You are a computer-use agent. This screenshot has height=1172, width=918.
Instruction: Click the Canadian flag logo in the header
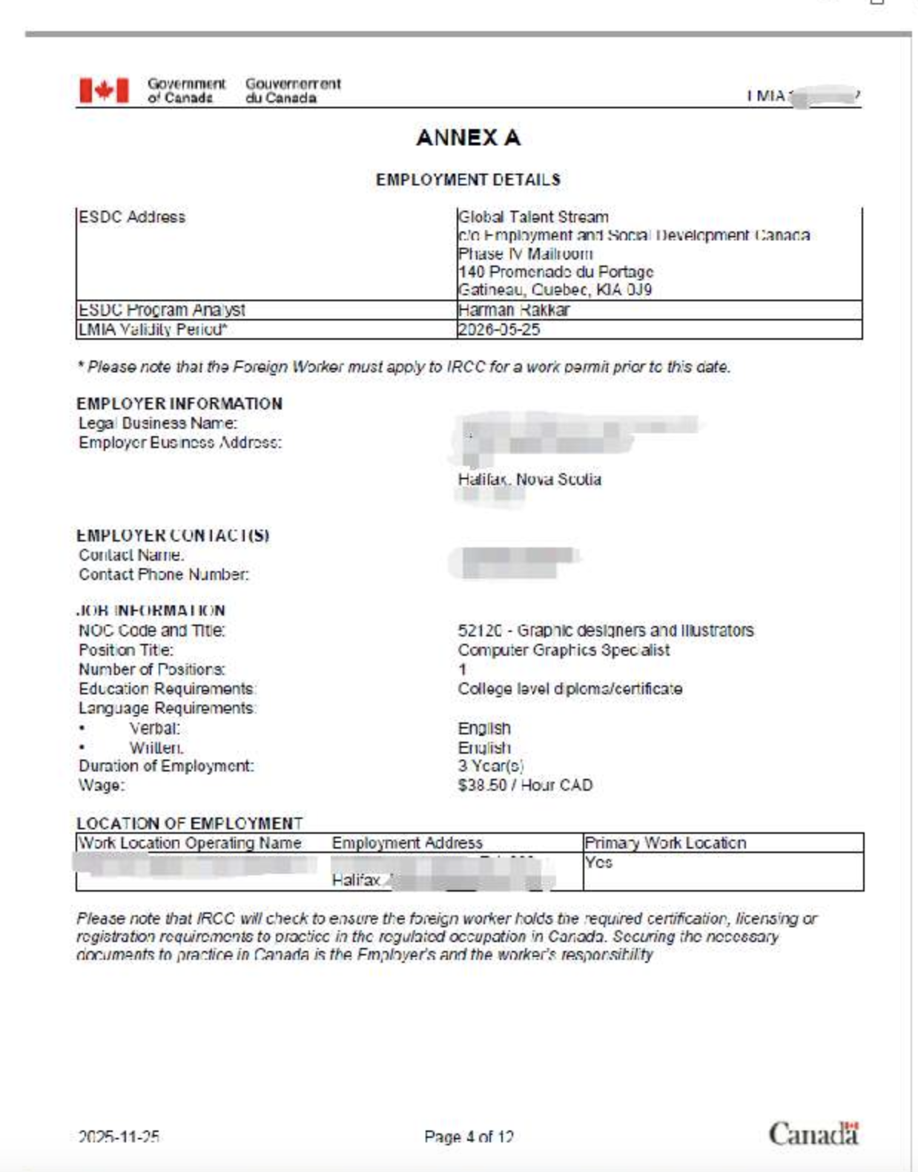(104, 90)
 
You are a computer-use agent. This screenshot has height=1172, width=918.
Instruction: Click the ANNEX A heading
(468, 138)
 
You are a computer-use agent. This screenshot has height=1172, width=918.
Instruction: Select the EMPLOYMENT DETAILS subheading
(468, 180)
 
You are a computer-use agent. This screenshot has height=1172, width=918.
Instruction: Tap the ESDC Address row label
(132, 217)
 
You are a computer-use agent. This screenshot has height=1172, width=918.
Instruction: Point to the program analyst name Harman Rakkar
(514, 310)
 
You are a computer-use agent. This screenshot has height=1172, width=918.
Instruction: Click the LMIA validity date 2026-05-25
(499, 329)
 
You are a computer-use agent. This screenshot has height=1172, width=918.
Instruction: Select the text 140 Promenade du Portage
(555, 272)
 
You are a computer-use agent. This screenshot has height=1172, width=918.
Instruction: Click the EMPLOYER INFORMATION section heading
(179, 404)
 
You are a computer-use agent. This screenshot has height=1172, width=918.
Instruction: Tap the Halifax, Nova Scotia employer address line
(529, 479)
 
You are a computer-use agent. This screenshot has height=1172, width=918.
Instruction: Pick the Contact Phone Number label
(164, 575)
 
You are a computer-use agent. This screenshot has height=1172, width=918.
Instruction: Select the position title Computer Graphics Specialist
(564, 651)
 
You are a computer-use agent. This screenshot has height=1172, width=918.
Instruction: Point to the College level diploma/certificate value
(569, 689)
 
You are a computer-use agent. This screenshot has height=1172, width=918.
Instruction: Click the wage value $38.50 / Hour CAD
(525, 786)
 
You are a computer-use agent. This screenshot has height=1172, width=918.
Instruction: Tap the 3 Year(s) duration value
(490, 766)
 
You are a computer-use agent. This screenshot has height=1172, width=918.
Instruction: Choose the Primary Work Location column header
(665, 843)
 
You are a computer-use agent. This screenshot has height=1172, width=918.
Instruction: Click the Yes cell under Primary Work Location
(598, 863)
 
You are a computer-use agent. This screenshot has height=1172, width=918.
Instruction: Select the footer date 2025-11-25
(119, 1136)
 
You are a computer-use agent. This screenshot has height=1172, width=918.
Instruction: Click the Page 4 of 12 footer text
(469, 1136)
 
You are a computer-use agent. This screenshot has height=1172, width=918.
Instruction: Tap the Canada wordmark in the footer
(813, 1134)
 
